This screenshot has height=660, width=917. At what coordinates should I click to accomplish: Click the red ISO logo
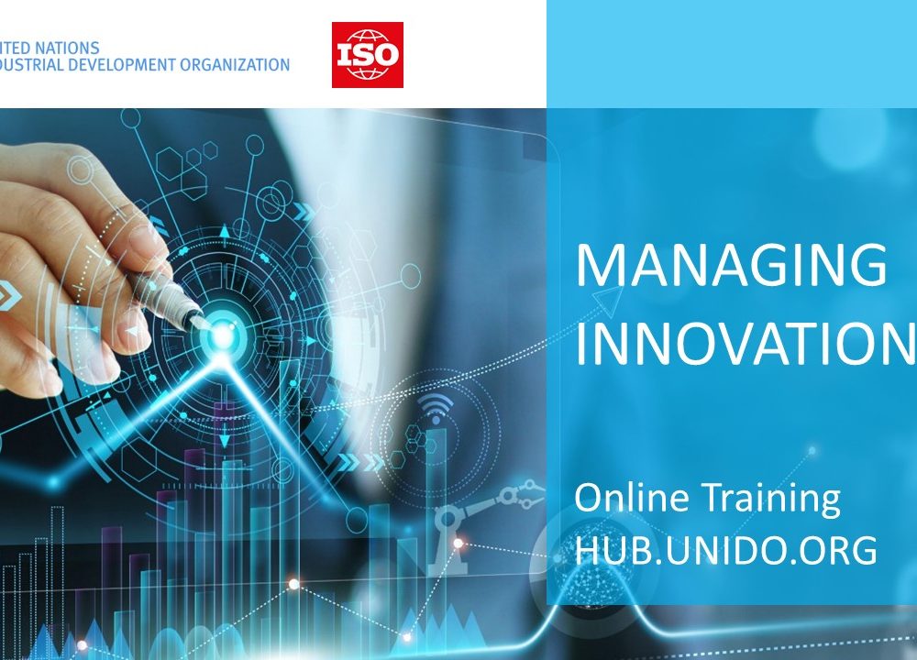pos(368,55)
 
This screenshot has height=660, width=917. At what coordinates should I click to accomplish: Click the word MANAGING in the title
pos(732,266)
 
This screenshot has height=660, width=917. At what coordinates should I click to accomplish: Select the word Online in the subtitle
pos(631,498)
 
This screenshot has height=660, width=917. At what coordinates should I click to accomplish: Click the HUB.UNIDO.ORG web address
pos(725,550)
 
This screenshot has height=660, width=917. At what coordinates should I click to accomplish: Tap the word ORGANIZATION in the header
pos(235,65)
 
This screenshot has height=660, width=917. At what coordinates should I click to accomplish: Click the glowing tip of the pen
pos(222,335)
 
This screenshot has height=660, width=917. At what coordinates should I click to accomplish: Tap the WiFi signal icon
pos(436,407)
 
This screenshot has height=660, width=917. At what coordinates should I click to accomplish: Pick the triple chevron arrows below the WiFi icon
pos(361,463)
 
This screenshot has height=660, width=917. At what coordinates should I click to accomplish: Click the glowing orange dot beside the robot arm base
pos(458,544)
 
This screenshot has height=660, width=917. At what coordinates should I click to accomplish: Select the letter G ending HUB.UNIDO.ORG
pos(864,551)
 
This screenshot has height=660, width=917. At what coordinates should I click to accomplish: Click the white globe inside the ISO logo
pos(368,55)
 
